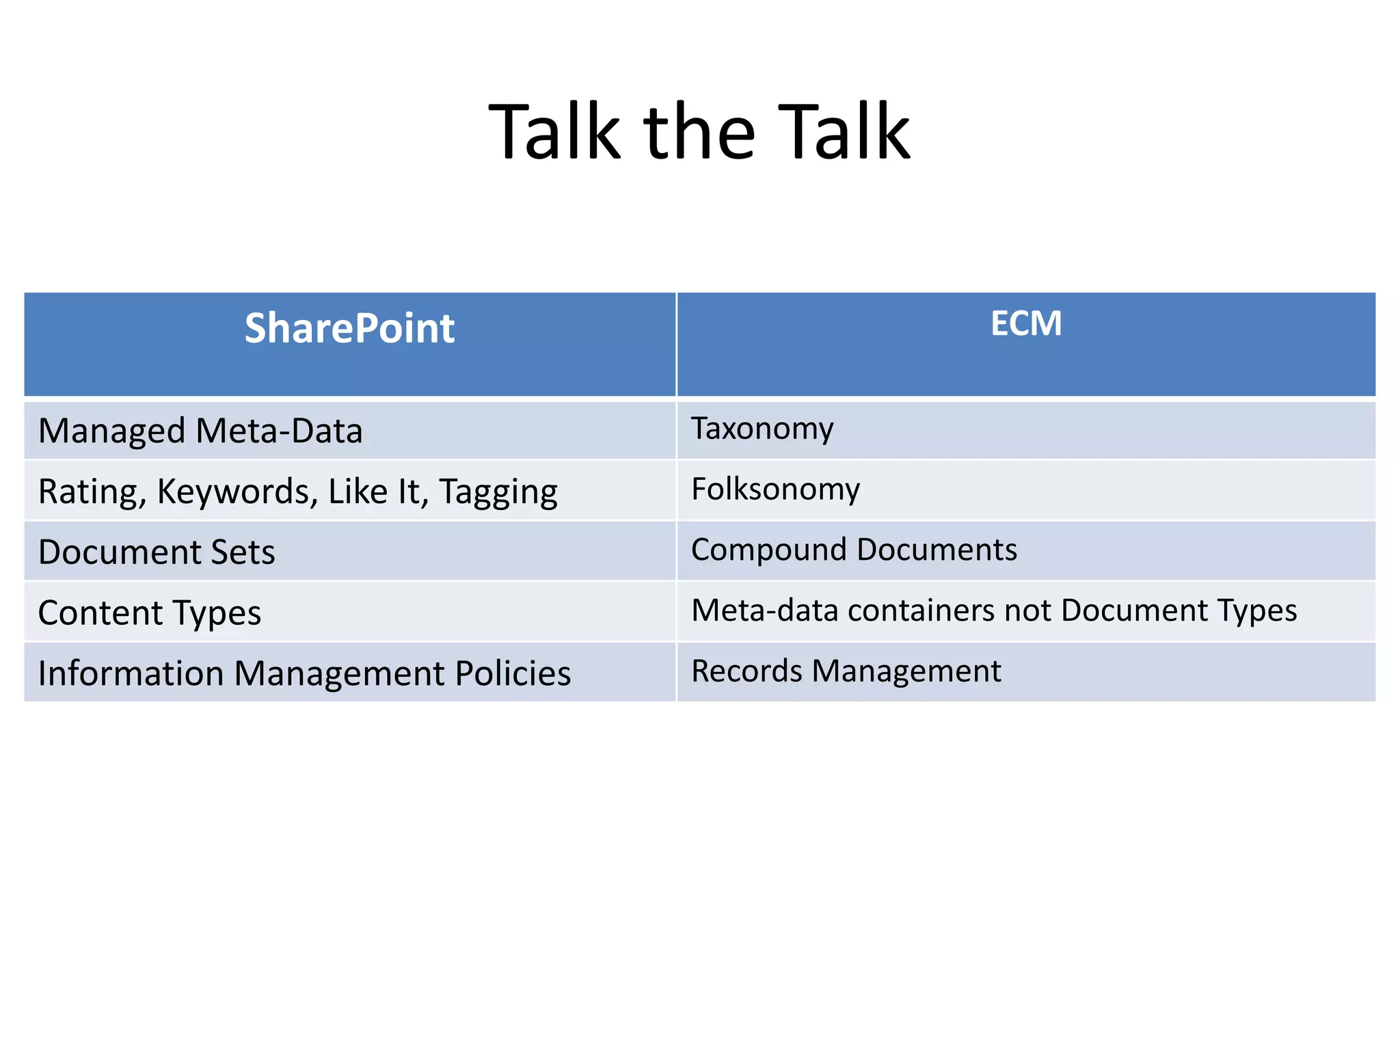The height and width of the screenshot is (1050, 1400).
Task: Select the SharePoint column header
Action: (349, 328)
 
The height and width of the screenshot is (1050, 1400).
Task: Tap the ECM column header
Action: (1025, 323)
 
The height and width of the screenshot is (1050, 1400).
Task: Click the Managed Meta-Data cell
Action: (200, 431)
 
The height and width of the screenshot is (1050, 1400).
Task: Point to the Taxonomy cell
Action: (762, 429)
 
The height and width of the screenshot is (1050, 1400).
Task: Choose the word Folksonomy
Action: (775, 489)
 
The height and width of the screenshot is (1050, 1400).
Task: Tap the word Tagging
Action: (498, 492)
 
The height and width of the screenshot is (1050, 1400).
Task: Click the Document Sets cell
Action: (157, 552)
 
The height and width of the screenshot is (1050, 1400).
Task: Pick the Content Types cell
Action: (150, 612)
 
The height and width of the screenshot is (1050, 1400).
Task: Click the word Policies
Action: (513, 673)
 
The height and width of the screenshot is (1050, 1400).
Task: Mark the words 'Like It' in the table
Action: (378, 492)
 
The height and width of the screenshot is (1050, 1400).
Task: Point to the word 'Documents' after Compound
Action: (937, 550)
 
